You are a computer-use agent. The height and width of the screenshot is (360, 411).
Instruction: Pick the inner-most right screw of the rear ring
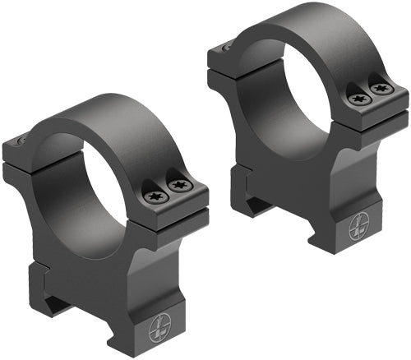point(358,98)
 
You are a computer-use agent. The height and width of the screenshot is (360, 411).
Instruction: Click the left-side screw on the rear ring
point(227,48)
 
